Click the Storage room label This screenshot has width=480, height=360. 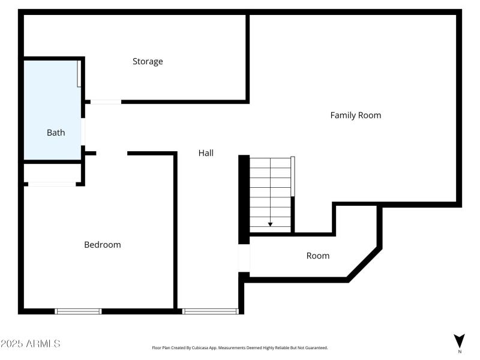148,61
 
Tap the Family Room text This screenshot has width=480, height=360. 355,115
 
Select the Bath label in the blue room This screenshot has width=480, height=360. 56,133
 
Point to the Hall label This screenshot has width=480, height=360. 206,153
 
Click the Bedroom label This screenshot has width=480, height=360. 102,245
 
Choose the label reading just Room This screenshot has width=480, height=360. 317,256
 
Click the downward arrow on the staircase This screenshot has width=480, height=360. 270,224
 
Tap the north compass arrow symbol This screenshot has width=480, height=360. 459,339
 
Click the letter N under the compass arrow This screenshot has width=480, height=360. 459,352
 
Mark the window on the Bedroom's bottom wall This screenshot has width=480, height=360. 78,311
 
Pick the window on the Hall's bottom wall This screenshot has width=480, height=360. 210,311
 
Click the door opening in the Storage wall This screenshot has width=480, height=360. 106,101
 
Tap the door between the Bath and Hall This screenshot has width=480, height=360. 83,133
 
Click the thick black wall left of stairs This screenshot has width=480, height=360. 244,198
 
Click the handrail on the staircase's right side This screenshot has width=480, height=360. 293,176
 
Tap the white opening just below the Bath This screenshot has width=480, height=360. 52,184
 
